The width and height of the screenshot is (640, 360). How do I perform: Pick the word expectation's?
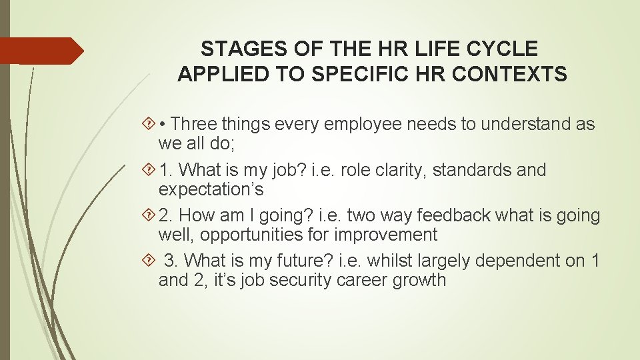[211, 189]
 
